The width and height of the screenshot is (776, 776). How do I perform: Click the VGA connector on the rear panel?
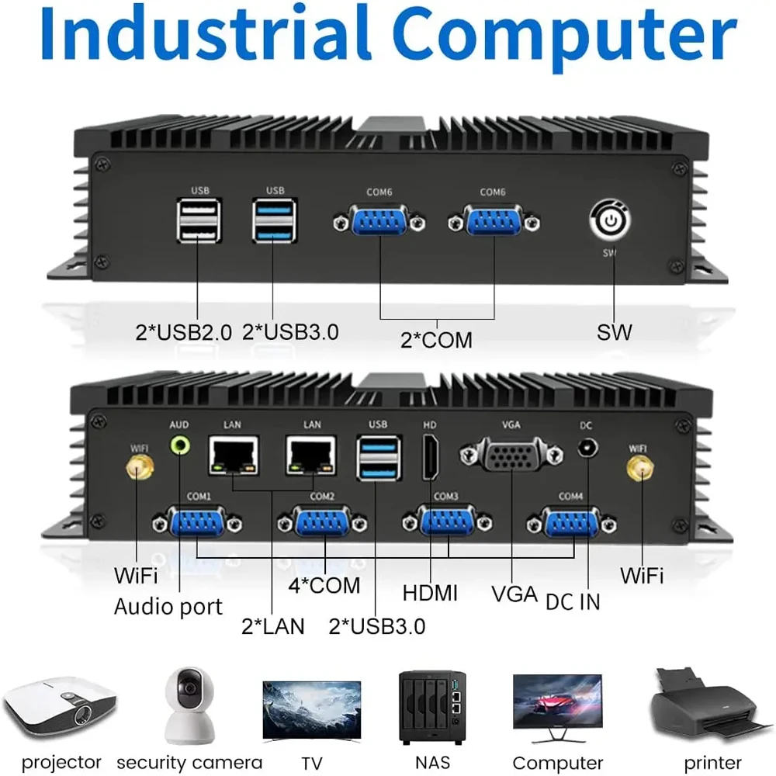pyautogui.click(x=511, y=455)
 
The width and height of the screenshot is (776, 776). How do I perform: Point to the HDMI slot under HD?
pyautogui.click(x=430, y=457)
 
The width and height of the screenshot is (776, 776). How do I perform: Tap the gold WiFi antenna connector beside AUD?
pyautogui.click(x=140, y=468)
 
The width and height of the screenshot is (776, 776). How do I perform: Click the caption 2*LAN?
pyautogui.click(x=273, y=625)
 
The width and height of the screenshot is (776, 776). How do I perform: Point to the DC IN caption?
pyautogui.click(x=573, y=601)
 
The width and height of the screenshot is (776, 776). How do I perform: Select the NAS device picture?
pyautogui.click(x=431, y=706)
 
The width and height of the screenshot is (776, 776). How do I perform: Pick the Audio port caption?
pyautogui.click(x=168, y=606)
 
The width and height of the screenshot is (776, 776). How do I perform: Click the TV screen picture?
pyautogui.click(x=311, y=708)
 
